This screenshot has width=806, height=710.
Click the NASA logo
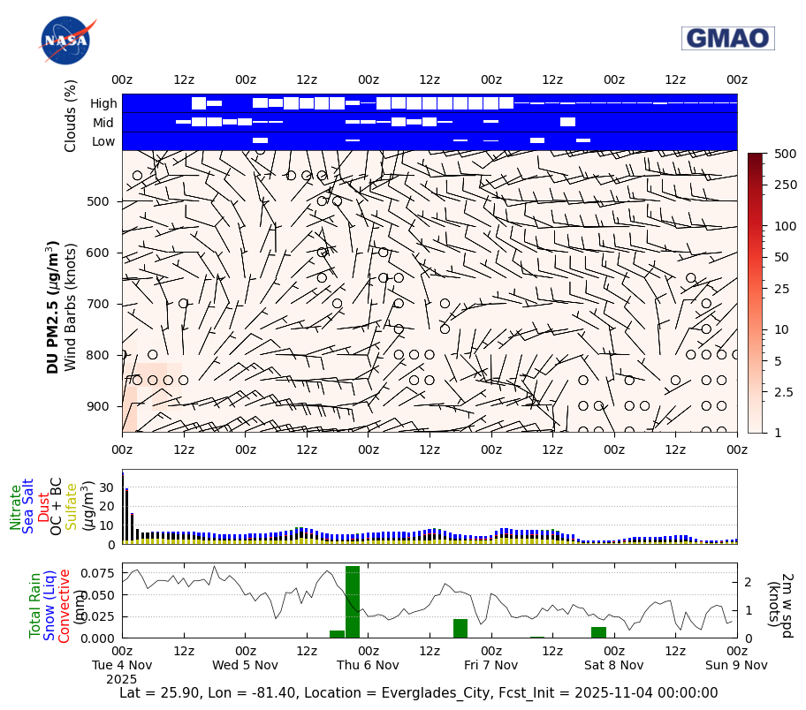[x=65, y=41]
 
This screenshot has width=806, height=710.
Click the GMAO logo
[x=727, y=38]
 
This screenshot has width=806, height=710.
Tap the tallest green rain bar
[x=353, y=601]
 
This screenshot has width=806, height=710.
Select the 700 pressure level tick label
[x=98, y=304]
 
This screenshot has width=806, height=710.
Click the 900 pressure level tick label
[x=98, y=406]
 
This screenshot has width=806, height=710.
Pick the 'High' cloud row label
[x=103, y=103]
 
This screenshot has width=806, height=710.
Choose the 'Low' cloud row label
[x=103, y=141]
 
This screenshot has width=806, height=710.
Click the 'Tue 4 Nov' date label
[x=123, y=665]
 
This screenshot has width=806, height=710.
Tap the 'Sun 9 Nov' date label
[x=736, y=665]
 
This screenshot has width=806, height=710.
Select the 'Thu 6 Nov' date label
[x=369, y=665]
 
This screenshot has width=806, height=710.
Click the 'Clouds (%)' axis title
[x=71, y=116]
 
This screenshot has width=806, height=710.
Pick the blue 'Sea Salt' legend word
[x=28, y=506]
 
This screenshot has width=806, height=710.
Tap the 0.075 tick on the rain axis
[x=98, y=573]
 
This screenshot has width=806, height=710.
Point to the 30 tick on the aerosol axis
[x=109, y=487]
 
